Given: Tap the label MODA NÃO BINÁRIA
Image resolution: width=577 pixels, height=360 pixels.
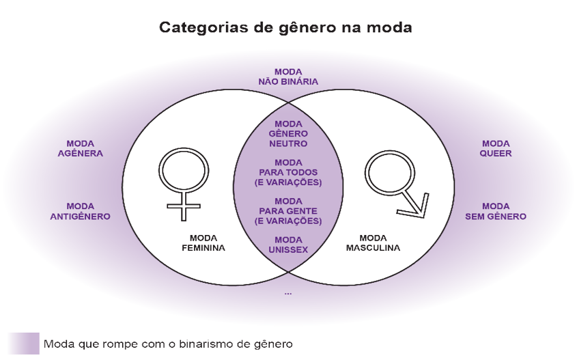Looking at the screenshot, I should point(287,77).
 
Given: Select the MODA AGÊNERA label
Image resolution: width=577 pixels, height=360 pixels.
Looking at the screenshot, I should point(85,148).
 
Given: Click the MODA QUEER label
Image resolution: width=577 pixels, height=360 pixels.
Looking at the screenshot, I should point(496,148).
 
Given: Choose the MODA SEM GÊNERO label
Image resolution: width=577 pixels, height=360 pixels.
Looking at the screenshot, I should point(496,211).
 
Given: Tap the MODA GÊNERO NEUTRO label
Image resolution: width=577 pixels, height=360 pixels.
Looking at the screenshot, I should point(287,134).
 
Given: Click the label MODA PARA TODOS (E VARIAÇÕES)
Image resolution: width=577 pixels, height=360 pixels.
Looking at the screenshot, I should point(287,173).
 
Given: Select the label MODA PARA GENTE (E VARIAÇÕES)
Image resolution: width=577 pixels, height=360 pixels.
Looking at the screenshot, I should point(287,212).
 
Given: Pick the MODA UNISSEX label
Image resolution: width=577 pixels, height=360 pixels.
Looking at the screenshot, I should point(287,245).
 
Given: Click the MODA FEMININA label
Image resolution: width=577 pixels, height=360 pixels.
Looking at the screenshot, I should point(203,243).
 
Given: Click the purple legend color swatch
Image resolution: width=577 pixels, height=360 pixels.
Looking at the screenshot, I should point(23,344).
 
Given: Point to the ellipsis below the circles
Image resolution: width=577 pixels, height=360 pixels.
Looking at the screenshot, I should point(287,292).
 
